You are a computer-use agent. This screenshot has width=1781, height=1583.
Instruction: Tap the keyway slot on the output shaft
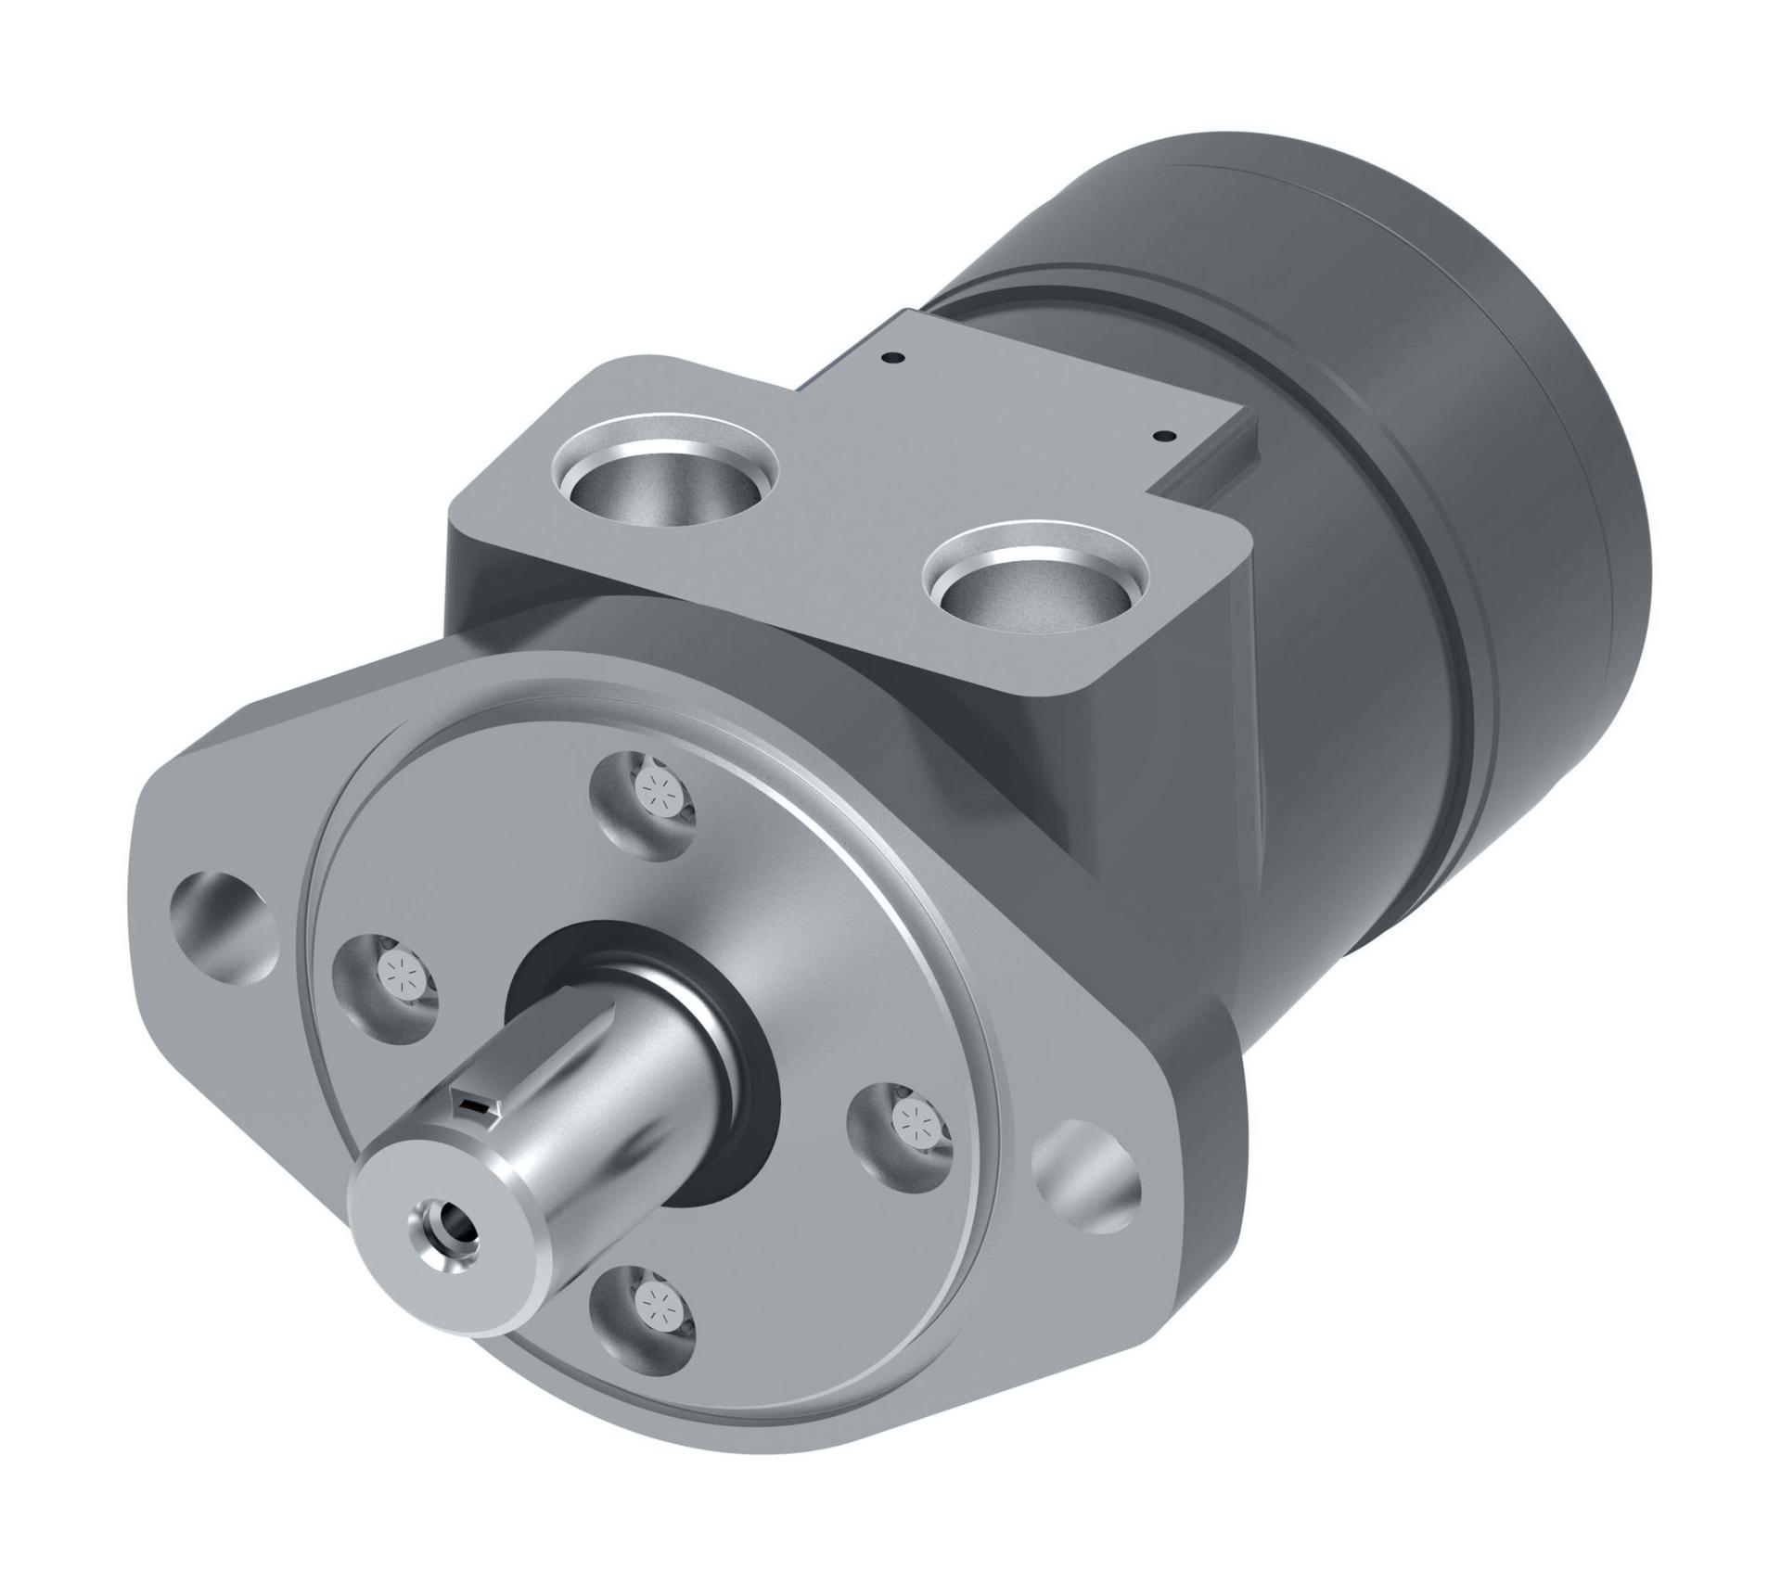point(474,1104)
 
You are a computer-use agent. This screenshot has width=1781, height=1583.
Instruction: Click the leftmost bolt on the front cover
point(401,975)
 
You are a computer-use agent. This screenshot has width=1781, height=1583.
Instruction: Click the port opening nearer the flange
point(665,481)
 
